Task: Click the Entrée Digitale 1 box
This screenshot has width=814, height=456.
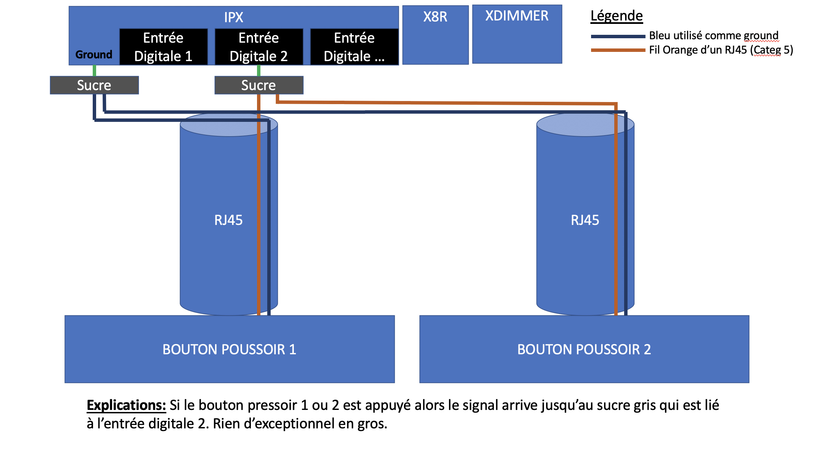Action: pyautogui.click(x=163, y=47)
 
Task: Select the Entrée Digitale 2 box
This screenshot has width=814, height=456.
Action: pyautogui.click(x=259, y=47)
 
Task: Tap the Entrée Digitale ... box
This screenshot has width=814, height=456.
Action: pyautogui.click(x=354, y=47)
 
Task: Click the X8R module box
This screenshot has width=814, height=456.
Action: pyautogui.click(x=435, y=34)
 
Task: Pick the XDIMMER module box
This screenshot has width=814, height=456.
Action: pyautogui.click(x=517, y=34)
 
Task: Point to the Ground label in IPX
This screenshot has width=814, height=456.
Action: pyautogui.click(x=94, y=55)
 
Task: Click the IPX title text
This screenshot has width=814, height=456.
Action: pyautogui.click(x=233, y=17)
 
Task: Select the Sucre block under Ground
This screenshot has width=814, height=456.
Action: pyautogui.click(x=94, y=85)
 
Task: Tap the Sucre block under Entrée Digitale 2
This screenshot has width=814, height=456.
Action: pyautogui.click(x=259, y=85)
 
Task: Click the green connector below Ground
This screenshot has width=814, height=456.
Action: pyautogui.click(x=94, y=71)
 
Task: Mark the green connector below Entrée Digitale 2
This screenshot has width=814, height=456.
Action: pyautogui.click(x=259, y=71)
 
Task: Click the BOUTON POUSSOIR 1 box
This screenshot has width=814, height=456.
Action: pyautogui.click(x=229, y=349)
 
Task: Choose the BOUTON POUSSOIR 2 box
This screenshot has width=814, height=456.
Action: pyautogui.click(x=584, y=349)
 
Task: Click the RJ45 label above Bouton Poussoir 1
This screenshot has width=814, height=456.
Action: pyautogui.click(x=228, y=220)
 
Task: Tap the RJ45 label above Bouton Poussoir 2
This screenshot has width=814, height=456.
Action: pyautogui.click(x=585, y=220)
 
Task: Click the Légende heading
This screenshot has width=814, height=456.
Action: pyautogui.click(x=616, y=16)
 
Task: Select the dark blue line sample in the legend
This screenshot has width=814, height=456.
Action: pyautogui.click(x=618, y=36)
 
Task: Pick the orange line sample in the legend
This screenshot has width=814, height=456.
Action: pyautogui.click(x=618, y=50)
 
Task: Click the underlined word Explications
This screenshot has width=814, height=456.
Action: pyautogui.click(x=126, y=405)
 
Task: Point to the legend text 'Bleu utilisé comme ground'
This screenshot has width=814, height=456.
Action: pyautogui.click(x=713, y=35)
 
